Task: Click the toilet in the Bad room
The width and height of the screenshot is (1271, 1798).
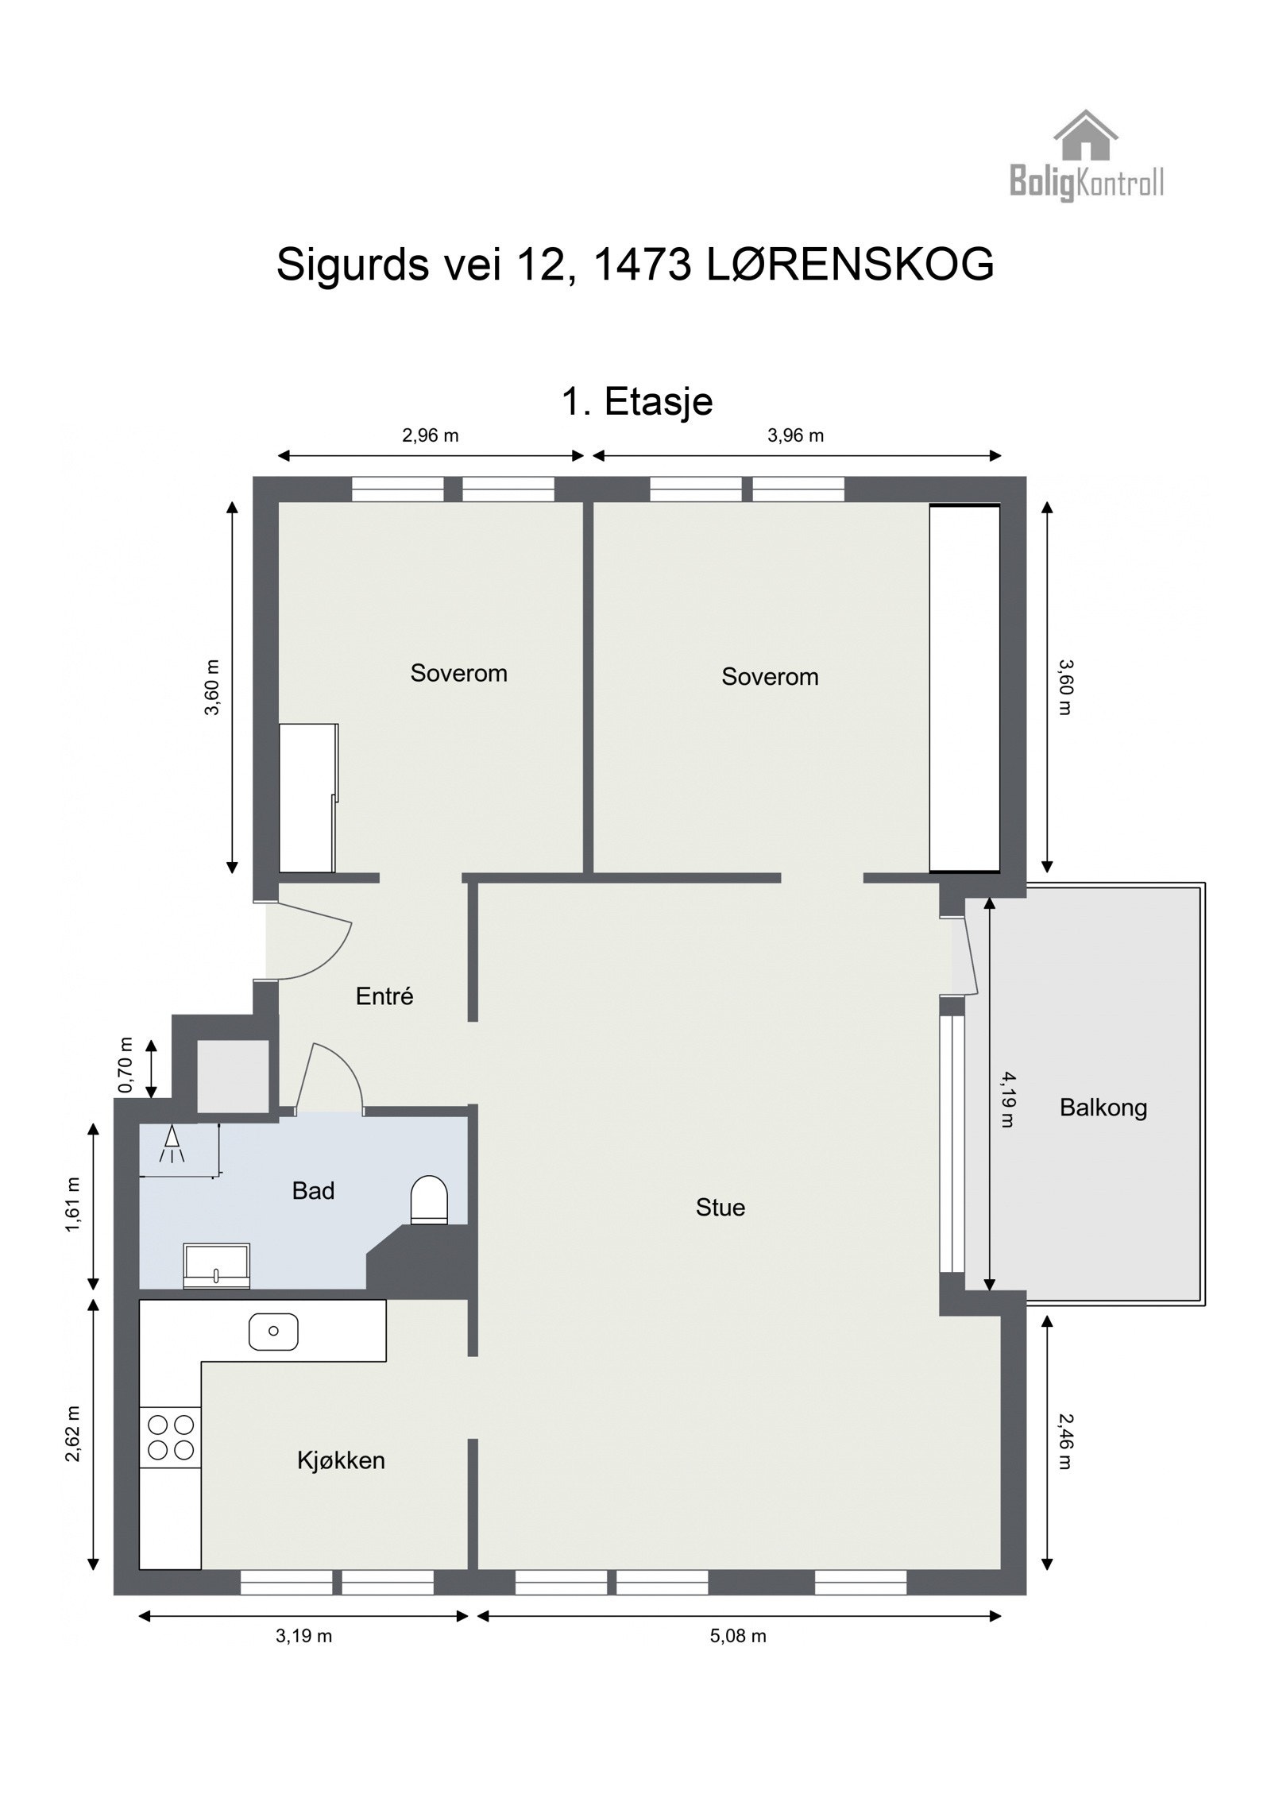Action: [429, 1199]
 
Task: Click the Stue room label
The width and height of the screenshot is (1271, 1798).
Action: [720, 1208]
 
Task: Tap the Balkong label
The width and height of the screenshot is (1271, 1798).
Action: [1103, 1108]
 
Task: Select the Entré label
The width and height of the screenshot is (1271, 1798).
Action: [384, 996]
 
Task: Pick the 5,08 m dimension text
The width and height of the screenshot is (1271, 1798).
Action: [738, 1636]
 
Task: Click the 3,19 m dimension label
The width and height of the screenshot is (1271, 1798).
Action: [303, 1636]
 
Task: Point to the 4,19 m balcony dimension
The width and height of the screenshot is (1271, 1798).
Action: [1007, 1100]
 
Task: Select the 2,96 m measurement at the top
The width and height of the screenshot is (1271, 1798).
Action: [431, 435]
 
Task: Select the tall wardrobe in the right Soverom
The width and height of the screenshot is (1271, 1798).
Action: [964, 688]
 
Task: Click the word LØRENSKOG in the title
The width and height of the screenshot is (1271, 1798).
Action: [849, 265]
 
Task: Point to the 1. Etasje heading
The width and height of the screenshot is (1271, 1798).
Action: [637, 401]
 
